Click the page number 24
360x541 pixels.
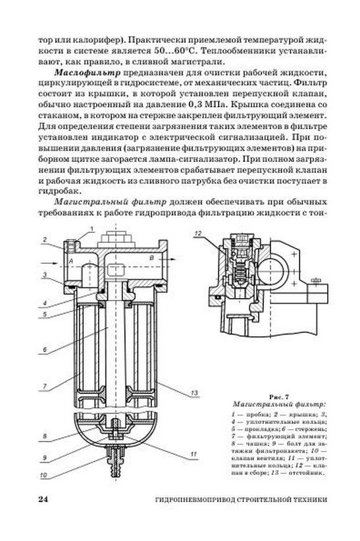[x=43, y=500]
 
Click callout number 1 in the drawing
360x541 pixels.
[x=92, y=228]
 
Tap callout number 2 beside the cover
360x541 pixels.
[x=45, y=240]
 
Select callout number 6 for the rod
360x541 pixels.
[x=45, y=350]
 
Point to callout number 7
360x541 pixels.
[x=45, y=386]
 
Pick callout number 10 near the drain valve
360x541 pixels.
[x=43, y=475]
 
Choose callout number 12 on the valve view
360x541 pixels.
[x=198, y=234]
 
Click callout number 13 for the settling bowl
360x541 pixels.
[x=194, y=393]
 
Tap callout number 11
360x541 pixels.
[x=193, y=454]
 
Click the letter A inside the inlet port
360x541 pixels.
[x=71, y=261]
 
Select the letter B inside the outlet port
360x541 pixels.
[x=151, y=258]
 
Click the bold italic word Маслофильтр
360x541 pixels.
[x=88, y=72]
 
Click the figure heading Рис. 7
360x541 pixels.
[x=278, y=397]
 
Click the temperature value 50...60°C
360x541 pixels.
[x=175, y=51]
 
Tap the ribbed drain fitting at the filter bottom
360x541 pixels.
[x=116, y=461]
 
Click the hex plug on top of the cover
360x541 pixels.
[x=116, y=238]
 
